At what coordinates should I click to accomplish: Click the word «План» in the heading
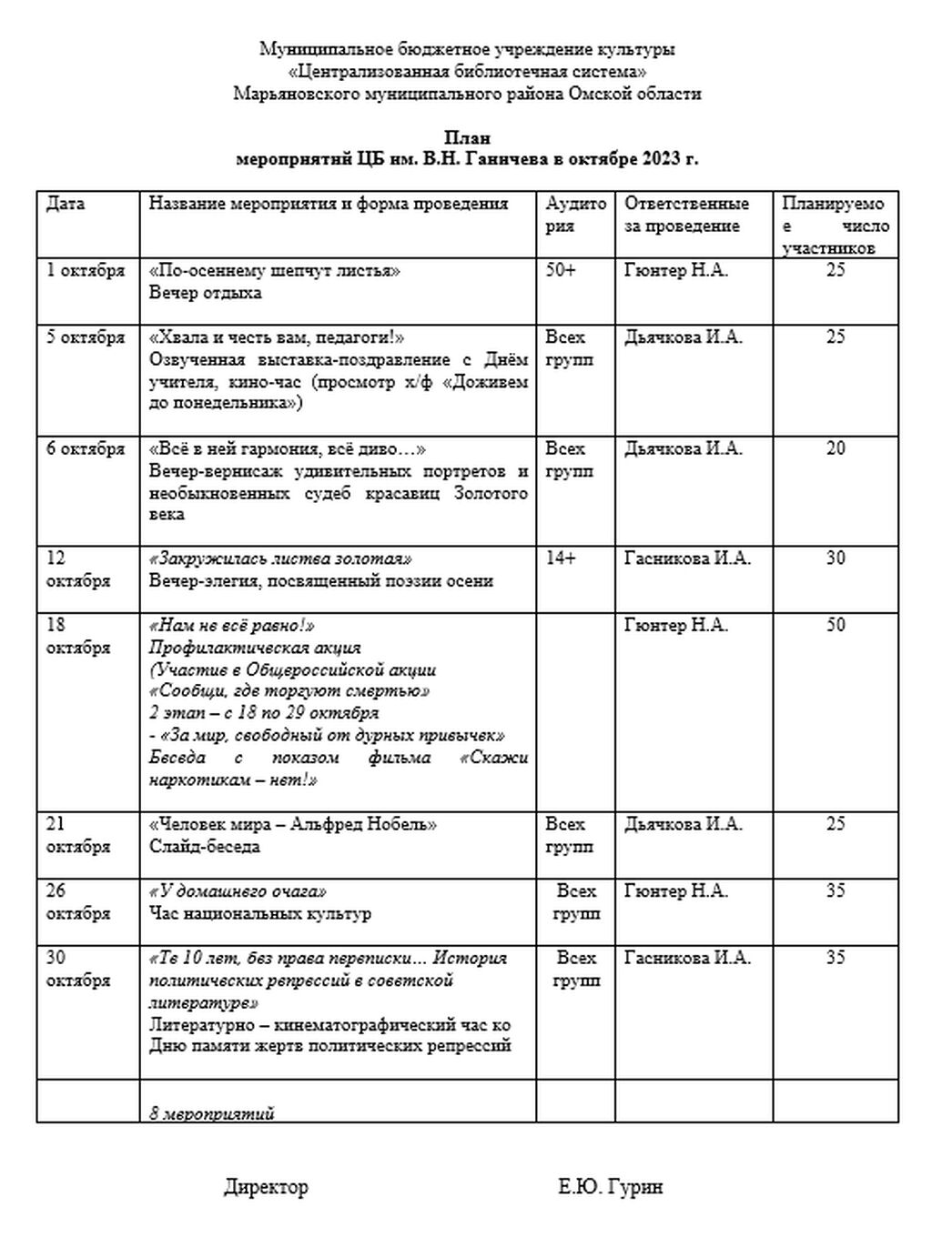[x=467, y=138]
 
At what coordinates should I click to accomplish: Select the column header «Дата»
[x=66, y=204]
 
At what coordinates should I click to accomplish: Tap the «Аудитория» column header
[x=575, y=215]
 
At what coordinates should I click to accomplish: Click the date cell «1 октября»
[x=86, y=270]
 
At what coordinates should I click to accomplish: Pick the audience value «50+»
[x=561, y=270]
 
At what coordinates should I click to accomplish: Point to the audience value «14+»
[x=561, y=558]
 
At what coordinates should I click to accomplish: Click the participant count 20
[x=835, y=448]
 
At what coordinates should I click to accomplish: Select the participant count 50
[x=835, y=625]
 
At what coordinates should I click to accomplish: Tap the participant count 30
[x=835, y=558]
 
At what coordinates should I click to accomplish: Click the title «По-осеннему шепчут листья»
[x=274, y=270]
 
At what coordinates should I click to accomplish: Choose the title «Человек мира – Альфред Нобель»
[x=292, y=824]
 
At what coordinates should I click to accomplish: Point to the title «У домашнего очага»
[x=238, y=891]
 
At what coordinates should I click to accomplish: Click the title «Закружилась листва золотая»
[x=280, y=558]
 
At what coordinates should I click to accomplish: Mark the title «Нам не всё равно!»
[x=231, y=625]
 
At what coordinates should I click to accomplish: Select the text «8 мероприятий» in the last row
[x=212, y=1113]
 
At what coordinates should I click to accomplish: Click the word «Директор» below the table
[x=266, y=1187]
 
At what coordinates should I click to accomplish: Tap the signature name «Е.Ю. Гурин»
[x=611, y=1187]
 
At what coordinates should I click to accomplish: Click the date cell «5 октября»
[x=86, y=337]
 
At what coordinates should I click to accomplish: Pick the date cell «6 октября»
[x=86, y=448]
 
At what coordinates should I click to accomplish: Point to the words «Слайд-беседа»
[x=205, y=847]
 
